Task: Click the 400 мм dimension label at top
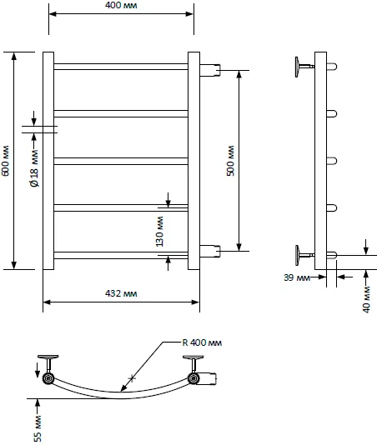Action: tap(121, 5)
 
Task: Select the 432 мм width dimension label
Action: tap(121, 293)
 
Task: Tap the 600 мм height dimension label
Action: tap(5, 161)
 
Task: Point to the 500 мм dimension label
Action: tap(231, 161)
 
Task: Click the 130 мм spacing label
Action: tap(159, 232)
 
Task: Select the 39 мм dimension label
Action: tap(297, 277)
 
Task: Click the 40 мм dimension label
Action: tap(366, 299)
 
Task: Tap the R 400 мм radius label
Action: tap(202, 342)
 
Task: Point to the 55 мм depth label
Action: tap(38, 428)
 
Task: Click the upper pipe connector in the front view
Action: tap(210, 70)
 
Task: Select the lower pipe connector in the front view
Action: tap(210, 251)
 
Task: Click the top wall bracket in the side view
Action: tap(304, 67)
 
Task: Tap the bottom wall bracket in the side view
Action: tap(304, 255)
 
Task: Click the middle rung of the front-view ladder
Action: tap(121, 161)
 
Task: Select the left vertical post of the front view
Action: tap(48, 161)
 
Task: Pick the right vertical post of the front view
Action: tap(194, 161)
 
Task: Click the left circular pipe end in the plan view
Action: tap(48, 378)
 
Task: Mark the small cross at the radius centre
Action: tap(132, 378)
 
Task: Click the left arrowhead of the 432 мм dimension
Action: tap(47, 302)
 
